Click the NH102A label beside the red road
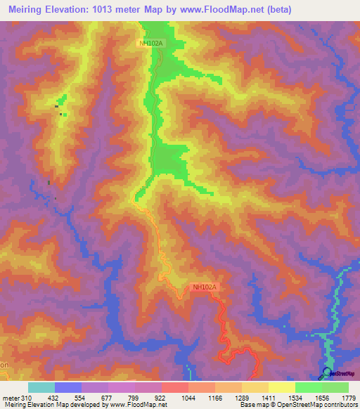(204, 287)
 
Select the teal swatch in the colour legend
(41, 387)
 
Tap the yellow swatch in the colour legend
(281, 387)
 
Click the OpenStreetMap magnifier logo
(327, 373)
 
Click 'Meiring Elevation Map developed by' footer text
(53, 405)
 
